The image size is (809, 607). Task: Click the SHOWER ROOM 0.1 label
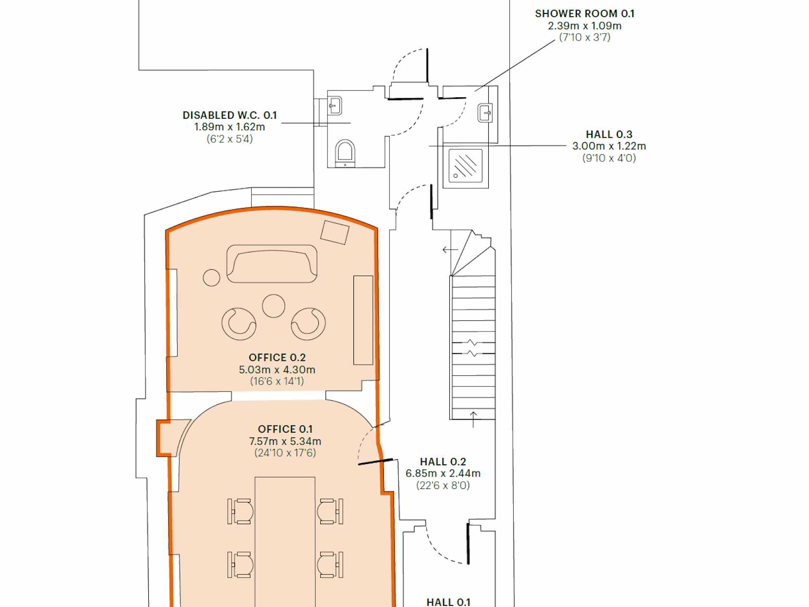coord(585,13)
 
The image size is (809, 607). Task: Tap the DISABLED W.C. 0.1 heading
coord(230,115)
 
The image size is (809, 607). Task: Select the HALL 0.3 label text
coord(609,134)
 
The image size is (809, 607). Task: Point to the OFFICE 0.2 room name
coord(277,357)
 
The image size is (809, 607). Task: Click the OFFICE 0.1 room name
coord(285,429)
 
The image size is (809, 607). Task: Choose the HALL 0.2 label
coord(443,462)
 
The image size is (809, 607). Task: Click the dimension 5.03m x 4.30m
coord(277,369)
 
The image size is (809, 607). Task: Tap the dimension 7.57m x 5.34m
coord(285,441)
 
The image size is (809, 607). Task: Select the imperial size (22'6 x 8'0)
coord(443,485)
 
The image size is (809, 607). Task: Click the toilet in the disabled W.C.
coord(345,153)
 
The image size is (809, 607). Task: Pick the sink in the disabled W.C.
coord(335,106)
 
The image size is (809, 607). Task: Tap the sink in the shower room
coord(485,113)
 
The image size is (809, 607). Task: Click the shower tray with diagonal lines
coord(466,166)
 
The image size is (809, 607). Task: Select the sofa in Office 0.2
coord(272,264)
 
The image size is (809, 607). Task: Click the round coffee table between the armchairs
coord(274,306)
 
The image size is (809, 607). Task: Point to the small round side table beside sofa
coord(211,277)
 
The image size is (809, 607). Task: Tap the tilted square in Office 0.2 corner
coord(335,232)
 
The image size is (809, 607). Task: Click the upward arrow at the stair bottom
coord(473,420)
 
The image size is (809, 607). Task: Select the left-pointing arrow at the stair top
coord(450,250)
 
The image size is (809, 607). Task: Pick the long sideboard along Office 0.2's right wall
coord(364,320)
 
